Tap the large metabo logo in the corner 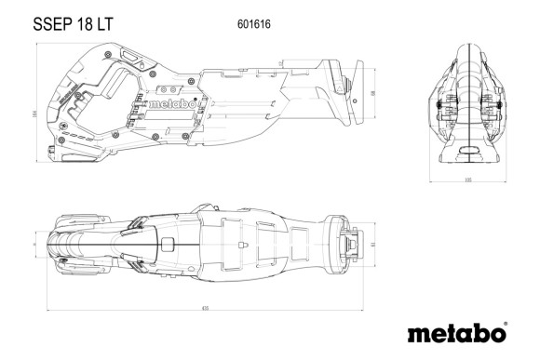(454, 332)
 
